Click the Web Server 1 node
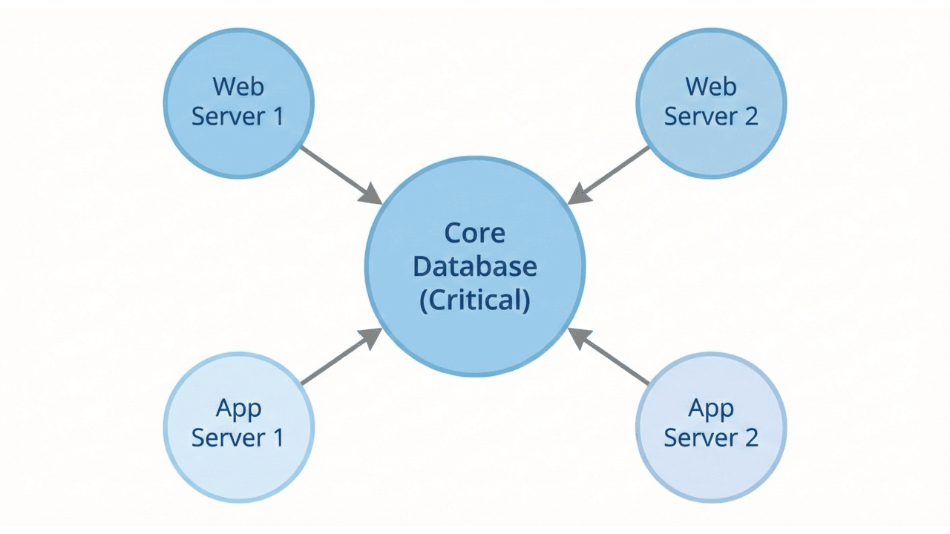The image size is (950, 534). [x=238, y=102]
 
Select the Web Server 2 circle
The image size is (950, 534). [x=711, y=102]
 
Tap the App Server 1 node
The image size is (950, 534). [x=238, y=427]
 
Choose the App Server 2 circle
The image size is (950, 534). [x=711, y=427]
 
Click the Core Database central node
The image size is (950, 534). [x=475, y=266]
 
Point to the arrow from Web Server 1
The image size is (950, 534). [x=338, y=173]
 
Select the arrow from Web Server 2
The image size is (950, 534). [x=612, y=173]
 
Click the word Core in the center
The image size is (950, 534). [x=475, y=233]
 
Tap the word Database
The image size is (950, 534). [x=475, y=266]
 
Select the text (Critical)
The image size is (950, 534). [x=475, y=300]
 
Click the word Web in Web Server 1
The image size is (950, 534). [x=238, y=87]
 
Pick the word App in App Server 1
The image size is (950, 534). [x=238, y=408]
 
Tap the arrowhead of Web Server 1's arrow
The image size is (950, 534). [x=370, y=195]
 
